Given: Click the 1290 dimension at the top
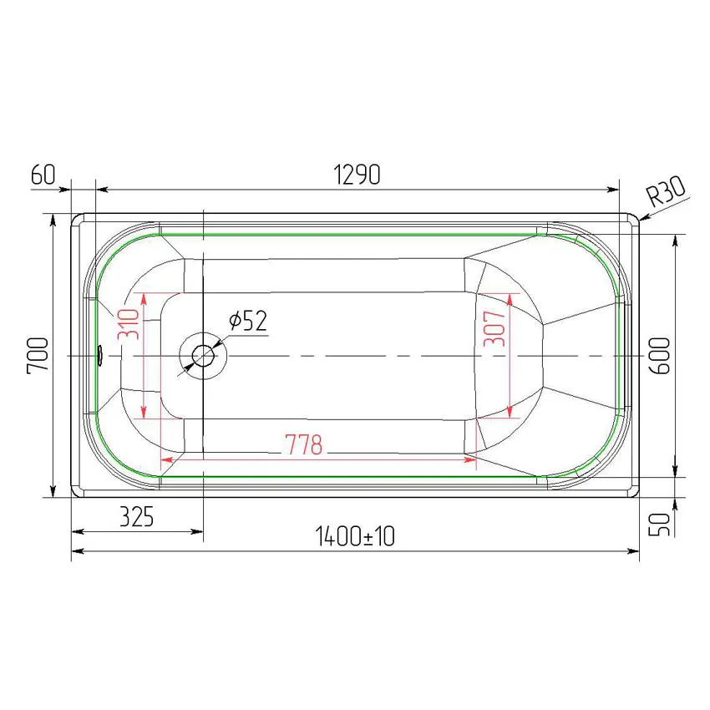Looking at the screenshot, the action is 357,175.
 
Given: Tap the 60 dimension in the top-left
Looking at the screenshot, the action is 43,175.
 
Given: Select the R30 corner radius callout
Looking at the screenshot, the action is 665,191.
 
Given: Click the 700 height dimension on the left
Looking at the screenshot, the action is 38,355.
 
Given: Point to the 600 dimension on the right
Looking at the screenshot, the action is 660,356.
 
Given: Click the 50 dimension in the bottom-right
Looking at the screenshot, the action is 659,525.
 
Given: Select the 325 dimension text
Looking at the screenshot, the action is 137,517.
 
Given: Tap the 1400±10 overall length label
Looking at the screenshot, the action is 355,536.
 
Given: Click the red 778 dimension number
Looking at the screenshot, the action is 304,444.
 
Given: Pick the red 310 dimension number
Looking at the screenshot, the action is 128,324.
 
